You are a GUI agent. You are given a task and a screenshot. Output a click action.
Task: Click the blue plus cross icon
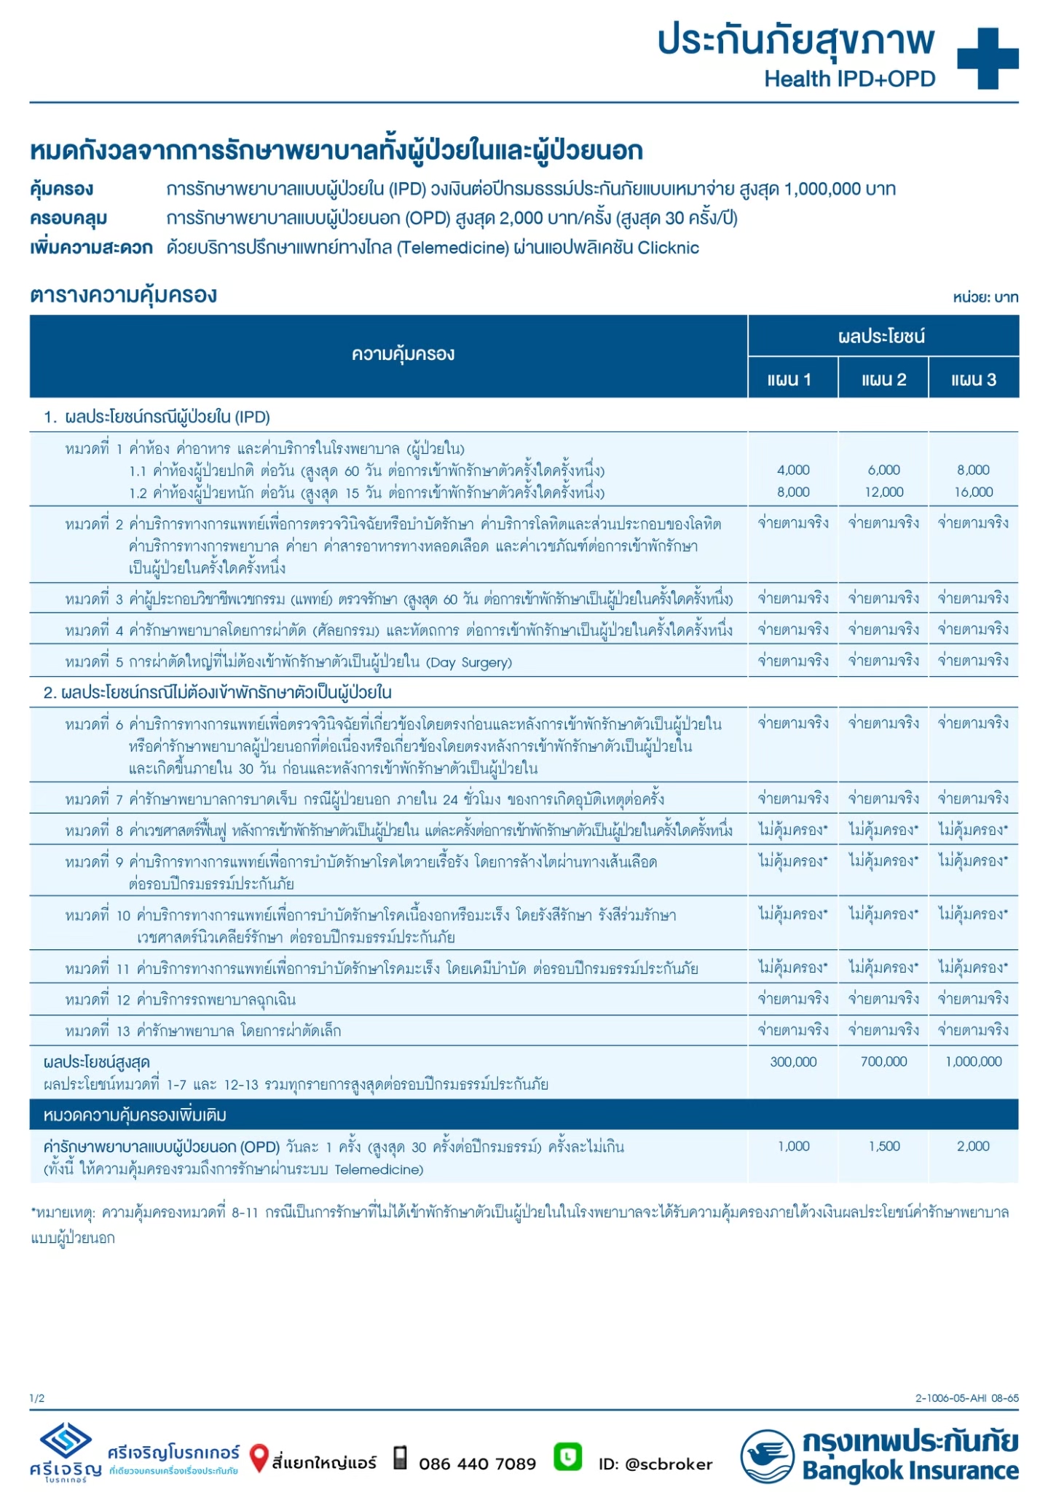(x=988, y=58)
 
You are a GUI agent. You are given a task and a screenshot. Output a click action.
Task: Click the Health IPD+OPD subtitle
(x=849, y=79)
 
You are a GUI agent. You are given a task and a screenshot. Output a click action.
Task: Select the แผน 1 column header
(x=792, y=380)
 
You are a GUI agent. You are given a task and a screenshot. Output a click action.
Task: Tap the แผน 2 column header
(x=883, y=380)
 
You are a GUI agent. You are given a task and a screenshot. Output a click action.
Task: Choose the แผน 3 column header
(x=974, y=380)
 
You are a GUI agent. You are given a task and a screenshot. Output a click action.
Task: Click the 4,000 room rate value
(x=793, y=470)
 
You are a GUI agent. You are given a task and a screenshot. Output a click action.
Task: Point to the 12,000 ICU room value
(x=883, y=492)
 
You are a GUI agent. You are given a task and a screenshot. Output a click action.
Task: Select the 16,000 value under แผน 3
(x=974, y=492)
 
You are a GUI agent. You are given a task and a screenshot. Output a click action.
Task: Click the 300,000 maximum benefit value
(x=793, y=1061)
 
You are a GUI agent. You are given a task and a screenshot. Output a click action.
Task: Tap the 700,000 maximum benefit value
(x=883, y=1061)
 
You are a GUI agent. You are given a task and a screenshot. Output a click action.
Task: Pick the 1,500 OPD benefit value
(x=884, y=1146)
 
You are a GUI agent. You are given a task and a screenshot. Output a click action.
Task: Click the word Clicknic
(x=668, y=248)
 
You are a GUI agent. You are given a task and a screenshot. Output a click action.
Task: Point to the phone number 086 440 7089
(x=477, y=1464)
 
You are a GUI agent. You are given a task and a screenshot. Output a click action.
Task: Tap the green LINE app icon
(x=567, y=1456)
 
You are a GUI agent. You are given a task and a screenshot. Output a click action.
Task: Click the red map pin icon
(x=258, y=1458)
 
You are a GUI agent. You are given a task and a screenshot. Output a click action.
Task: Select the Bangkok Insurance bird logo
(x=767, y=1456)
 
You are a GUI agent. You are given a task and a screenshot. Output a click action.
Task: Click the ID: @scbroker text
(x=655, y=1464)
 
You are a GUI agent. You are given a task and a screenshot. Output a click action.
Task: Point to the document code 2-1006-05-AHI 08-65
(x=966, y=1398)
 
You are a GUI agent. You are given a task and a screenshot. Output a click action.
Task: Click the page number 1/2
(x=37, y=1398)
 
